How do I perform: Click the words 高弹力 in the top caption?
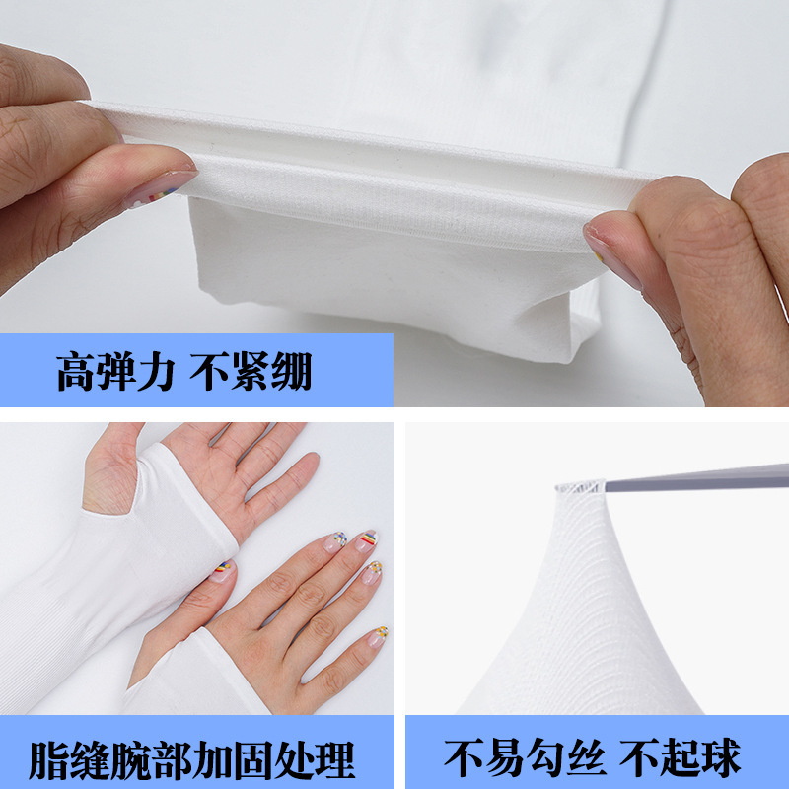tap(115, 373)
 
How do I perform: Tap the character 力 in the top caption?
tap(157, 373)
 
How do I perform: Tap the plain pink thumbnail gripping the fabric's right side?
tap(608, 249)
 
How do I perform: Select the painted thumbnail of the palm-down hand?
tap(224, 570)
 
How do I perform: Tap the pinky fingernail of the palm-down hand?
tap(378, 635)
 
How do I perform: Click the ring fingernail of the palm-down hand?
tap(372, 571)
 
